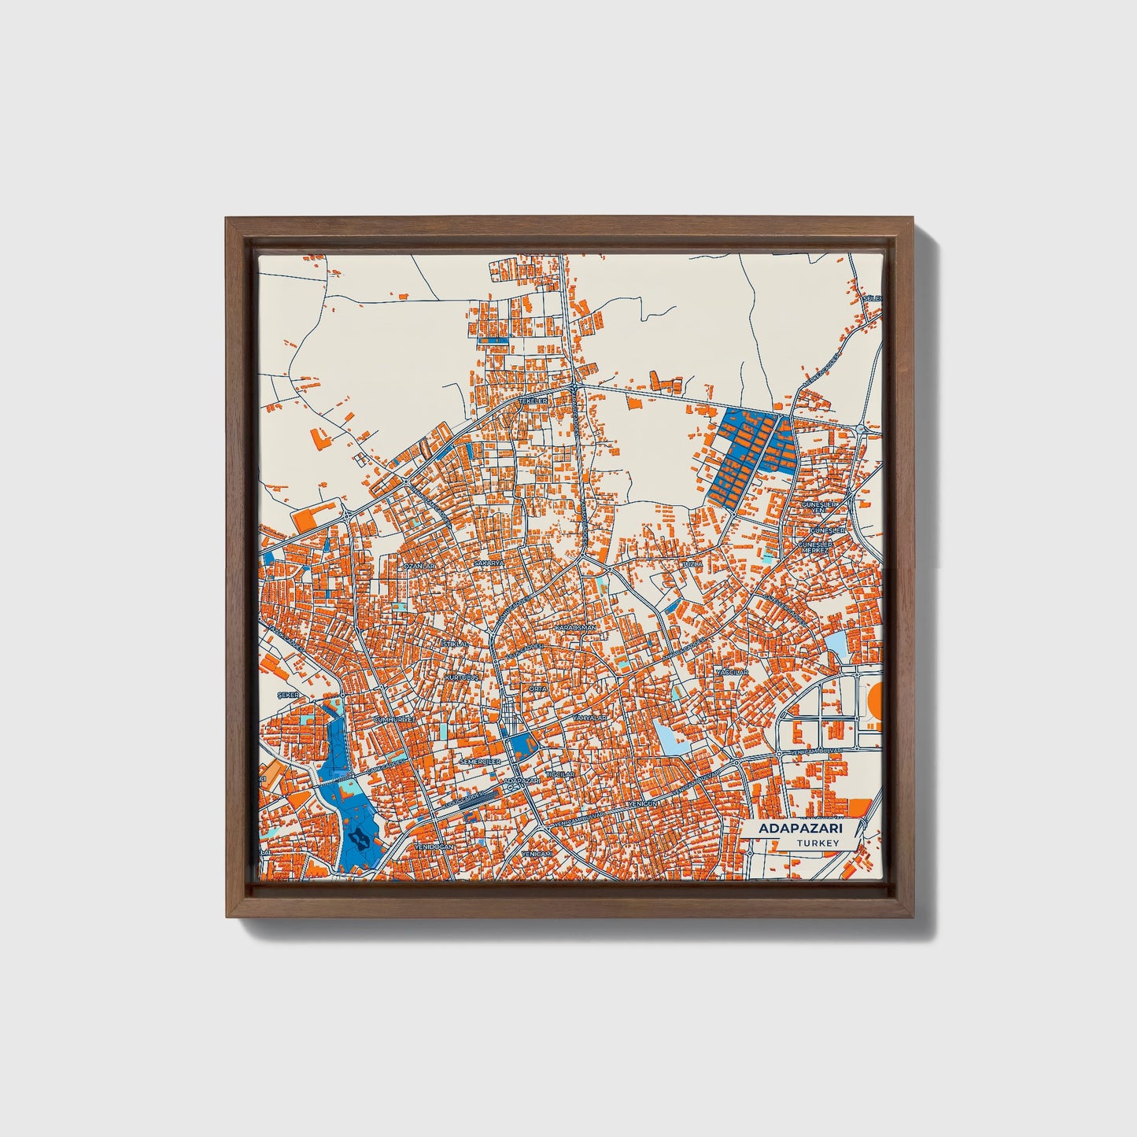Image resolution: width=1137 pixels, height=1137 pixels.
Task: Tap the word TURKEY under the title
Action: [x=818, y=844]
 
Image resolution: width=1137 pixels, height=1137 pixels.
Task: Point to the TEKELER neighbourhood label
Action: [x=532, y=401]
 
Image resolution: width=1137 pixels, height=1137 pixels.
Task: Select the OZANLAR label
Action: [x=418, y=566]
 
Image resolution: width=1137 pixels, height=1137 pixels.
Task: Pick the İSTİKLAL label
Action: [x=455, y=644]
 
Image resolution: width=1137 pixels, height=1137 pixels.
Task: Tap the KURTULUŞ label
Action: [x=462, y=677]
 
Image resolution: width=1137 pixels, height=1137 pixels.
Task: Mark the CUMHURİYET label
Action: [x=393, y=719]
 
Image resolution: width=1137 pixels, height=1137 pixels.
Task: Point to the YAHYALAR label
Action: [x=588, y=718]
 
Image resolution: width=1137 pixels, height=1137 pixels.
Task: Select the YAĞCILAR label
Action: [x=732, y=673]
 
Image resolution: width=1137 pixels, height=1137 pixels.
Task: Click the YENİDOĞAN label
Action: [x=434, y=846]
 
